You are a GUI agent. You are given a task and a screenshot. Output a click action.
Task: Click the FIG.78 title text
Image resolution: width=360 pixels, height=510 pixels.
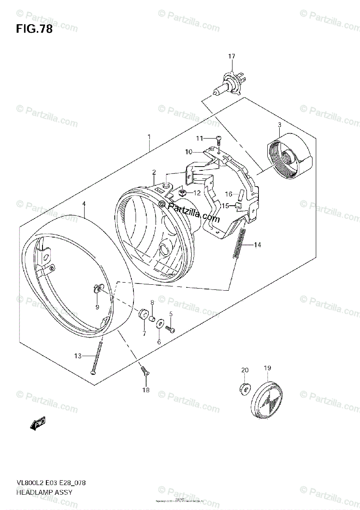(x=34, y=29)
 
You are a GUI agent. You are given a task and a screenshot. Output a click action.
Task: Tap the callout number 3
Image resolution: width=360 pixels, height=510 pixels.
(x=279, y=125)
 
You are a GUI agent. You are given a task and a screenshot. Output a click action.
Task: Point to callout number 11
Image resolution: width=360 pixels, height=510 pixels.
(x=200, y=138)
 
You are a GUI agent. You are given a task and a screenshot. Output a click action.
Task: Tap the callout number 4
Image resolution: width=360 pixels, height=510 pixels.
(x=84, y=204)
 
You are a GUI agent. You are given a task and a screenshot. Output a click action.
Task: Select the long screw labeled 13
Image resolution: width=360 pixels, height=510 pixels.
(x=97, y=356)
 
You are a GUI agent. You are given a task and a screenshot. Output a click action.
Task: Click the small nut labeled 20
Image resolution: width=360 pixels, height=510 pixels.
(x=244, y=388)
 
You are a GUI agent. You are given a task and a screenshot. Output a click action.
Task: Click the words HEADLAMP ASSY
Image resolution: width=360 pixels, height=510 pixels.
(x=44, y=492)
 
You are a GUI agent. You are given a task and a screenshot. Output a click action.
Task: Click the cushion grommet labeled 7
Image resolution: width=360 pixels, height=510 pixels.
(x=142, y=315)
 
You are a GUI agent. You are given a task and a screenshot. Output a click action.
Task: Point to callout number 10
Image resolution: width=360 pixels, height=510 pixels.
(x=189, y=151)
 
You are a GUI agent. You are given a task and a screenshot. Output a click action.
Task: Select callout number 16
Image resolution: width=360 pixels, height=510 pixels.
(x=229, y=194)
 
